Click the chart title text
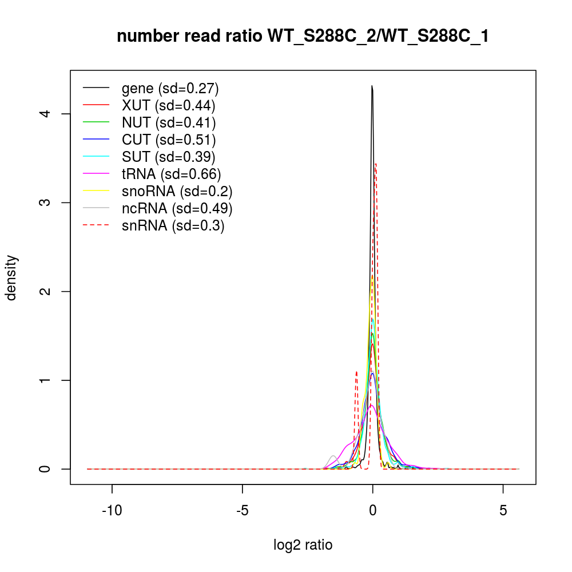303,37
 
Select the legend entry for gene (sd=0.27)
170,88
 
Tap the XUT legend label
168,105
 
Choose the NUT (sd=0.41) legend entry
169,122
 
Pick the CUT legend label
169,140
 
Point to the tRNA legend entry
171,174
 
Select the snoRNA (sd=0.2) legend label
177,191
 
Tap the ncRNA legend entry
177,208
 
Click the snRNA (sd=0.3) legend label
173,225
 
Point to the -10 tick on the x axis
112,510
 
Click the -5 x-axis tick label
242,510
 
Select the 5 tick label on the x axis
503,510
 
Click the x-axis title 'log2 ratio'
303,545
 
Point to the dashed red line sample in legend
96,225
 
